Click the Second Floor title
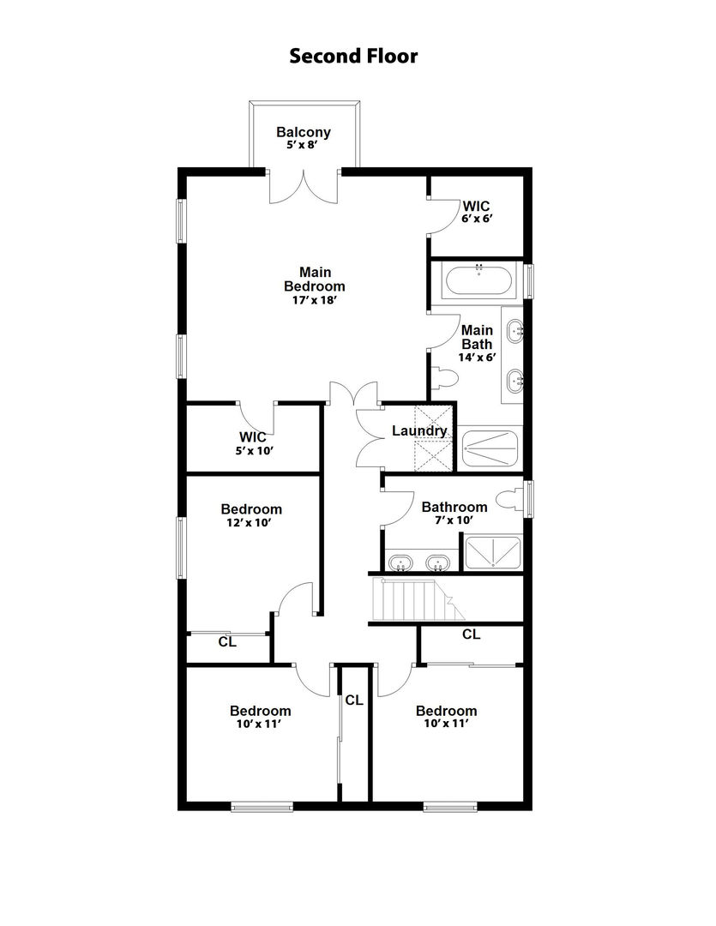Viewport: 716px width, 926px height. point(353,57)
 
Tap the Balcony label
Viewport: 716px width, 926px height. point(303,132)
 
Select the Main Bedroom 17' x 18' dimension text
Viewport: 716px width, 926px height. point(315,300)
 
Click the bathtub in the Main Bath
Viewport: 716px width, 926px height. point(478,280)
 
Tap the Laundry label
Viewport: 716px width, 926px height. point(419,430)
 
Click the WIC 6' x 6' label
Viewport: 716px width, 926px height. point(476,207)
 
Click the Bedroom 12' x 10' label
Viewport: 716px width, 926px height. point(250,509)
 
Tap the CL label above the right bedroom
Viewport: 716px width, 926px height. point(471,634)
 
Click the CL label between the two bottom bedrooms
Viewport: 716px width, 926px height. point(354,700)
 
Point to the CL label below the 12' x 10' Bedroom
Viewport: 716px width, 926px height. point(227,641)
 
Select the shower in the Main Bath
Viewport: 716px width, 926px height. point(491,446)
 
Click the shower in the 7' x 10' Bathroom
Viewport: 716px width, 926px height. point(491,553)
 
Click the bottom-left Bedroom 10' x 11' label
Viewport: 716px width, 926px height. point(260,711)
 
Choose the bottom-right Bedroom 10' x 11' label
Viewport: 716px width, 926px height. point(446,711)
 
